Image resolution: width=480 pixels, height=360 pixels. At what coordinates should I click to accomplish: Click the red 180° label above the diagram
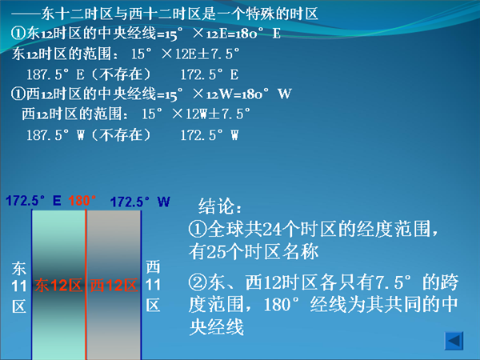(82, 201)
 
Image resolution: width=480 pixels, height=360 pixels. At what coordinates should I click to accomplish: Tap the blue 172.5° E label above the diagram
(34, 201)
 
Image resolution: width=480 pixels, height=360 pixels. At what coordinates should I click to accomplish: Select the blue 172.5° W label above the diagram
(140, 202)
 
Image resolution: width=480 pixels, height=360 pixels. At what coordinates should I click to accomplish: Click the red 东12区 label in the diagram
(58, 286)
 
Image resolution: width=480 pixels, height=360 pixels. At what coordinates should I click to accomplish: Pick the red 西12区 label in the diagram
(114, 286)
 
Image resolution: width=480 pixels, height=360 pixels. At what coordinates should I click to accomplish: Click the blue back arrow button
(454, 341)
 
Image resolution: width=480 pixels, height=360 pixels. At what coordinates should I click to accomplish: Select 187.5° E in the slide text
(55, 74)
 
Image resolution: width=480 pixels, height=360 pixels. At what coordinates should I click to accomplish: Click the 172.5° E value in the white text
(210, 74)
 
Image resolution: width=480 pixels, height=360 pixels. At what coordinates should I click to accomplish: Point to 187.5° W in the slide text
(55, 135)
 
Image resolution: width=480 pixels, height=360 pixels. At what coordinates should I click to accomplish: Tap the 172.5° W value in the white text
(210, 135)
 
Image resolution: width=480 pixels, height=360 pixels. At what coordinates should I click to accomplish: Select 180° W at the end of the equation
(266, 94)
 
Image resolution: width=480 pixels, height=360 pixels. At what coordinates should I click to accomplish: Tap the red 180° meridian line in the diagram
(86, 284)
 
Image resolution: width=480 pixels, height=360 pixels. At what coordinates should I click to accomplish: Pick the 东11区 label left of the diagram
(19, 287)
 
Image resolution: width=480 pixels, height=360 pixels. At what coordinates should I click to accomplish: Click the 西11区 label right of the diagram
(153, 286)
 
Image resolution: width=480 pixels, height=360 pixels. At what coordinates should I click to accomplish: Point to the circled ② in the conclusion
(198, 282)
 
